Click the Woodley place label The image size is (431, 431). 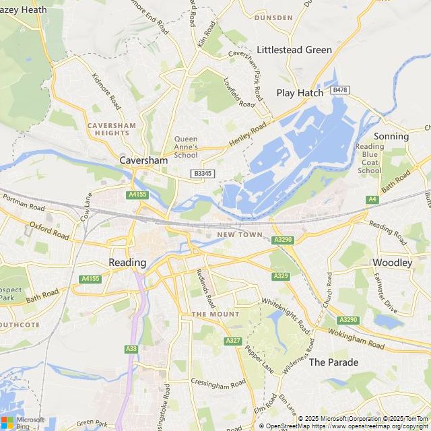point(392,263)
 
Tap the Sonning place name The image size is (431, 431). point(391,136)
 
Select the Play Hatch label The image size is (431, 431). point(300,93)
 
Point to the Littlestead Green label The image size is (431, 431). point(295,50)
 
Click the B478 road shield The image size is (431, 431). point(340,90)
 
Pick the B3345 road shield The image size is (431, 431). point(203,174)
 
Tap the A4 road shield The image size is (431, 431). point(372,199)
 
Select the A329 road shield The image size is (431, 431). point(281,276)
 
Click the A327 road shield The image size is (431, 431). point(233,341)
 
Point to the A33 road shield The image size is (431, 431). point(131,349)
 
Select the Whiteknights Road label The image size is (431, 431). point(286,317)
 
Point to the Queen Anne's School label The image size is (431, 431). point(186,147)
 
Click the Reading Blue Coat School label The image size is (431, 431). point(370,158)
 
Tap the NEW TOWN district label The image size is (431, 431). point(239,235)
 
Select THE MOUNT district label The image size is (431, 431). point(215,314)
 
